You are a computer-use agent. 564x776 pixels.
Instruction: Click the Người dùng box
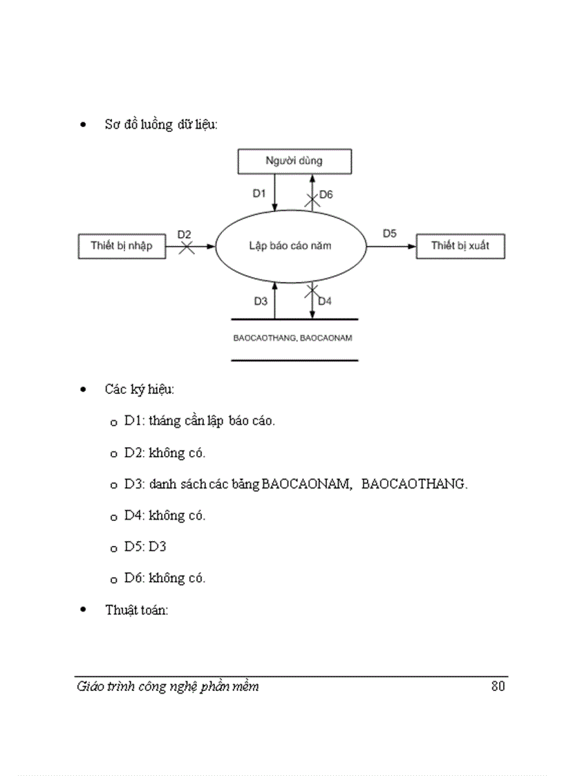[x=294, y=161]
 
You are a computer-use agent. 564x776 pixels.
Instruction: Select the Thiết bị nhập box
[x=122, y=245]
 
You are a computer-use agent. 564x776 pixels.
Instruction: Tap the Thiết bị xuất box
[x=460, y=245]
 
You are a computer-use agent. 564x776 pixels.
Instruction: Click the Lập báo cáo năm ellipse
[x=290, y=245]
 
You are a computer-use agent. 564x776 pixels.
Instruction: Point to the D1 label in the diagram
[x=259, y=194]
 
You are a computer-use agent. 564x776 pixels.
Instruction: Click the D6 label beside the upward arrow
[x=326, y=195]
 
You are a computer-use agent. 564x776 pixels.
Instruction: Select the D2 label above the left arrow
[x=184, y=234]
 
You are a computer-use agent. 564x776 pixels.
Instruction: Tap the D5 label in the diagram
[x=390, y=234]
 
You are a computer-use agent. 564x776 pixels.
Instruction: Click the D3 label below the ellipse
[x=260, y=301]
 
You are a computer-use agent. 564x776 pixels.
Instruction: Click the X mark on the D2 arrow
[x=187, y=246]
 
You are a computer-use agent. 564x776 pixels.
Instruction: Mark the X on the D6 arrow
[x=312, y=201]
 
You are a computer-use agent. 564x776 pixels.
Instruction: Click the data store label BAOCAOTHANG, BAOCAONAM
[x=294, y=339]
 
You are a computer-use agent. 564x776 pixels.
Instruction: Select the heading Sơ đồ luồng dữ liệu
[x=161, y=125]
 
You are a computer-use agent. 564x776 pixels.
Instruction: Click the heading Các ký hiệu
[x=140, y=389]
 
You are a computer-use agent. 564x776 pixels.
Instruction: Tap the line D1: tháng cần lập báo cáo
[x=200, y=421]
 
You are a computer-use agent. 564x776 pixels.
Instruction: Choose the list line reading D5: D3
[x=145, y=547]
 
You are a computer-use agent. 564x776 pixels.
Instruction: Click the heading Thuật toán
[x=137, y=609]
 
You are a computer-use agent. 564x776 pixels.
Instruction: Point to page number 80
[x=498, y=687]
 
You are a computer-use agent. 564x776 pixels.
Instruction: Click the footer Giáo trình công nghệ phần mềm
[x=168, y=687]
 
